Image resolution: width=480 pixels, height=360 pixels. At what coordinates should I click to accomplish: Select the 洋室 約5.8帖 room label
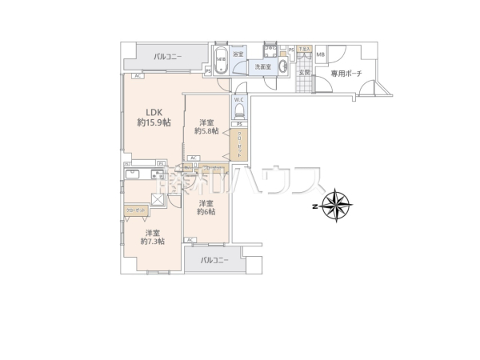pos(206,126)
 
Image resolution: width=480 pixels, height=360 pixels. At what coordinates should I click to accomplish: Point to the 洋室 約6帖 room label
pos(206,206)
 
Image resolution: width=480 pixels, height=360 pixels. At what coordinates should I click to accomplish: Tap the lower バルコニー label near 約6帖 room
pos(214,261)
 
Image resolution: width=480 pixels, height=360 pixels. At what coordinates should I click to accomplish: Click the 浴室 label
pos(238,55)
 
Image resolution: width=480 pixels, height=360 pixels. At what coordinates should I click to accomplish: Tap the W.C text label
pos(239,99)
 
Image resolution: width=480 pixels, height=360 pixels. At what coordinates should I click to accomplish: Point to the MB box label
pos(320,55)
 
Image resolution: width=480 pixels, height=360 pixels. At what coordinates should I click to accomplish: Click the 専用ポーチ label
pos(346,73)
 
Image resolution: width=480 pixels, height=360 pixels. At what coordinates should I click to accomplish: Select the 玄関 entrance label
pos(304,73)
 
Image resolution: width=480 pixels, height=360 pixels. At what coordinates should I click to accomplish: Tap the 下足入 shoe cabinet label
pos(305,50)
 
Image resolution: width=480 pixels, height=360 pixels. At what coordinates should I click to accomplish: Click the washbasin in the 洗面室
pos(285,67)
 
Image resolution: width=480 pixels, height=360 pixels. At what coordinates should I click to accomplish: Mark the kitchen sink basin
pos(134,174)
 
